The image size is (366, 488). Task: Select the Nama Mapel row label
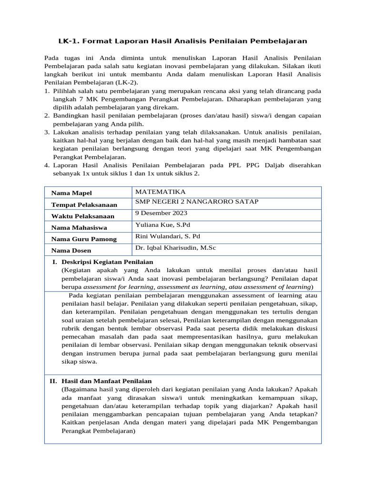(71, 193)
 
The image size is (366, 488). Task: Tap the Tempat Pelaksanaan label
(84, 204)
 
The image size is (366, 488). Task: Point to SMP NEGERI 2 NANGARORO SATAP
(197, 202)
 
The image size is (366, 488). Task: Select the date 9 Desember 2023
(161, 213)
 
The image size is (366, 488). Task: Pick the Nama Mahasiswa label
(79, 227)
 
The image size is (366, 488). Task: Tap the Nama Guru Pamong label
(83, 239)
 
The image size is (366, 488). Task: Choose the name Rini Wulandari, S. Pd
(167, 236)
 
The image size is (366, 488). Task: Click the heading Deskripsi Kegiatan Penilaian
(107, 262)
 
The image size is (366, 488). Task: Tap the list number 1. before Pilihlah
(47, 91)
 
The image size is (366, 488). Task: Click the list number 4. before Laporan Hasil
(47, 165)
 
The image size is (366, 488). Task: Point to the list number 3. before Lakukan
(47, 132)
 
